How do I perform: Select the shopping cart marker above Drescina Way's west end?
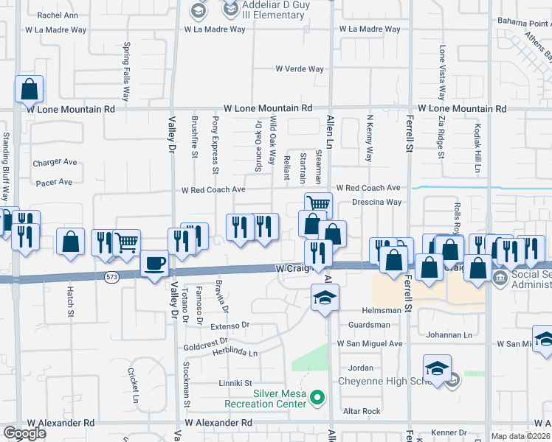(318, 203)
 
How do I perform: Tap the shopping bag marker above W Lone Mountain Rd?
(29, 89)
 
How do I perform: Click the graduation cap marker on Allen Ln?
(324, 298)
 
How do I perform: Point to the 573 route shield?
(111, 276)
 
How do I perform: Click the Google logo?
(24, 433)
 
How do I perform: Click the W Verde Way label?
(300, 69)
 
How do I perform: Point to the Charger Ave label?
(55, 162)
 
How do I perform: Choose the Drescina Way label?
(376, 202)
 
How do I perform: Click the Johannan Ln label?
(449, 335)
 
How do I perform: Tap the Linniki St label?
(235, 383)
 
